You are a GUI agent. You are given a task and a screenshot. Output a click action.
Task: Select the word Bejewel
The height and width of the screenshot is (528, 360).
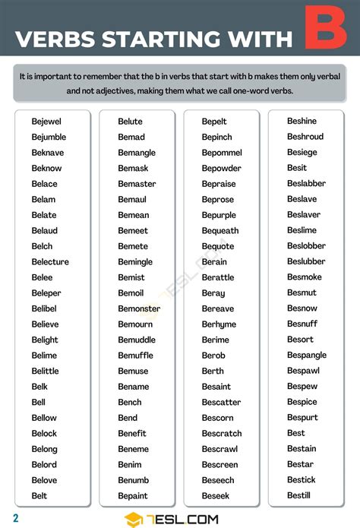tap(46, 122)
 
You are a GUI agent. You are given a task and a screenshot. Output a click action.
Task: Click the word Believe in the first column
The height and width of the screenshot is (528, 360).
tap(45, 324)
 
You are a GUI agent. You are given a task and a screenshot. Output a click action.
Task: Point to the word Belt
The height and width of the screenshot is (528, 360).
tap(39, 496)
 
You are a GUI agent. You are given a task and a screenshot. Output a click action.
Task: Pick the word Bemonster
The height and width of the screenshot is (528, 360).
tap(139, 309)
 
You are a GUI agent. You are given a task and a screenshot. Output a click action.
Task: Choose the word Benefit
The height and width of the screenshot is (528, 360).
tap(132, 434)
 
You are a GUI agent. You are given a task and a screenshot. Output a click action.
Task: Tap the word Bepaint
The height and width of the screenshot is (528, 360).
tap(133, 496)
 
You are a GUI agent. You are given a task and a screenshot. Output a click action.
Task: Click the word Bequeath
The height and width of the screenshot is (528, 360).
tap(220, 231)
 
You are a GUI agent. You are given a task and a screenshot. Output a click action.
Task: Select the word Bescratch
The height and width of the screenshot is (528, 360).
tap(222, 434)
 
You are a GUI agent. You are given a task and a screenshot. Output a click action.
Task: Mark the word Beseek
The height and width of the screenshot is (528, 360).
tap(216, 496)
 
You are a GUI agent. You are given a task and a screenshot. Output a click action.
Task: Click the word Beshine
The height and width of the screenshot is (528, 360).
tap(302, 121)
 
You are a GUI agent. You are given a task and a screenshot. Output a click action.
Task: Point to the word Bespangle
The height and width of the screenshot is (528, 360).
tap(307, 355)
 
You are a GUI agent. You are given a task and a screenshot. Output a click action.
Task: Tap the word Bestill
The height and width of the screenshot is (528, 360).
tap(298, 495)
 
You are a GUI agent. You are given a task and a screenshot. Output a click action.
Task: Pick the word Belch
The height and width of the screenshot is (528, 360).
tap(42, 246)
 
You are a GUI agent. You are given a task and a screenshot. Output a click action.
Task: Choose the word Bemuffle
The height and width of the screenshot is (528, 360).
tap(136, 356)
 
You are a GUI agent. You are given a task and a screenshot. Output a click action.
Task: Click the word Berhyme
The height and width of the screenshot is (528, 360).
tap(219, 324)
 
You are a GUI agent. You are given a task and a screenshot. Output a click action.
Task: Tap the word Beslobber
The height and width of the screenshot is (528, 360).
tap(306, 246)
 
